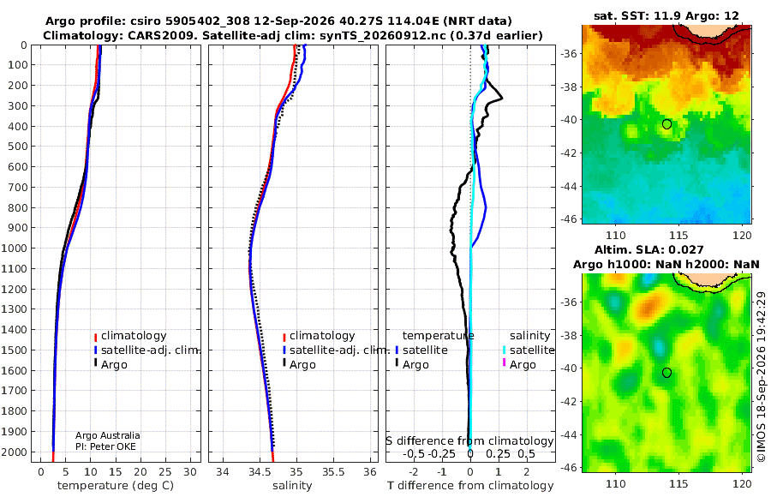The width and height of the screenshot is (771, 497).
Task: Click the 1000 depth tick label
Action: (x=15, y=248)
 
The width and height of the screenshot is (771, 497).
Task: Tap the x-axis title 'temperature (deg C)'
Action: (x=116, y=486)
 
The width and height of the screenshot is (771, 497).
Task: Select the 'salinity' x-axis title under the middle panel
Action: (x=292, y=486)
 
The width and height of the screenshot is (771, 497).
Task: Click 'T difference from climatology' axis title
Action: (x=470, y=486)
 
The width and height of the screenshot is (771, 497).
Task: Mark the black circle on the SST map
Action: (x=666, y=124)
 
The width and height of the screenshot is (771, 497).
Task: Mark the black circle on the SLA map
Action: (x=666, y=373)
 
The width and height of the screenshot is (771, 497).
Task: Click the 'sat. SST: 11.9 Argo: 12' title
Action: (x=666, y=15)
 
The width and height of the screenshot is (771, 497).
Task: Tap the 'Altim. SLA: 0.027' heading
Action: (x=649, y=250)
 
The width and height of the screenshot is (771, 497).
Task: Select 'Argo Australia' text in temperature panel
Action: (x=108, y=435)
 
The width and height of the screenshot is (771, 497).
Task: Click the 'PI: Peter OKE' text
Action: (x=105, y=446)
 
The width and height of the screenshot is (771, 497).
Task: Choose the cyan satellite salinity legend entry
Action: (x=528, y=350)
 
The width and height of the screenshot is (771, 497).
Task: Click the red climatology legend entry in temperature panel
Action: (x=130, y=336)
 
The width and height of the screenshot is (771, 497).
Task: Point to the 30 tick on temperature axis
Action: (x=190, y=472)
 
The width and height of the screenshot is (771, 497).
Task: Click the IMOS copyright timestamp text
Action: (x=762, y=377)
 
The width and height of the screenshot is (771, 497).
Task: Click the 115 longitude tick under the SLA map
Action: (x=679, y=483)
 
